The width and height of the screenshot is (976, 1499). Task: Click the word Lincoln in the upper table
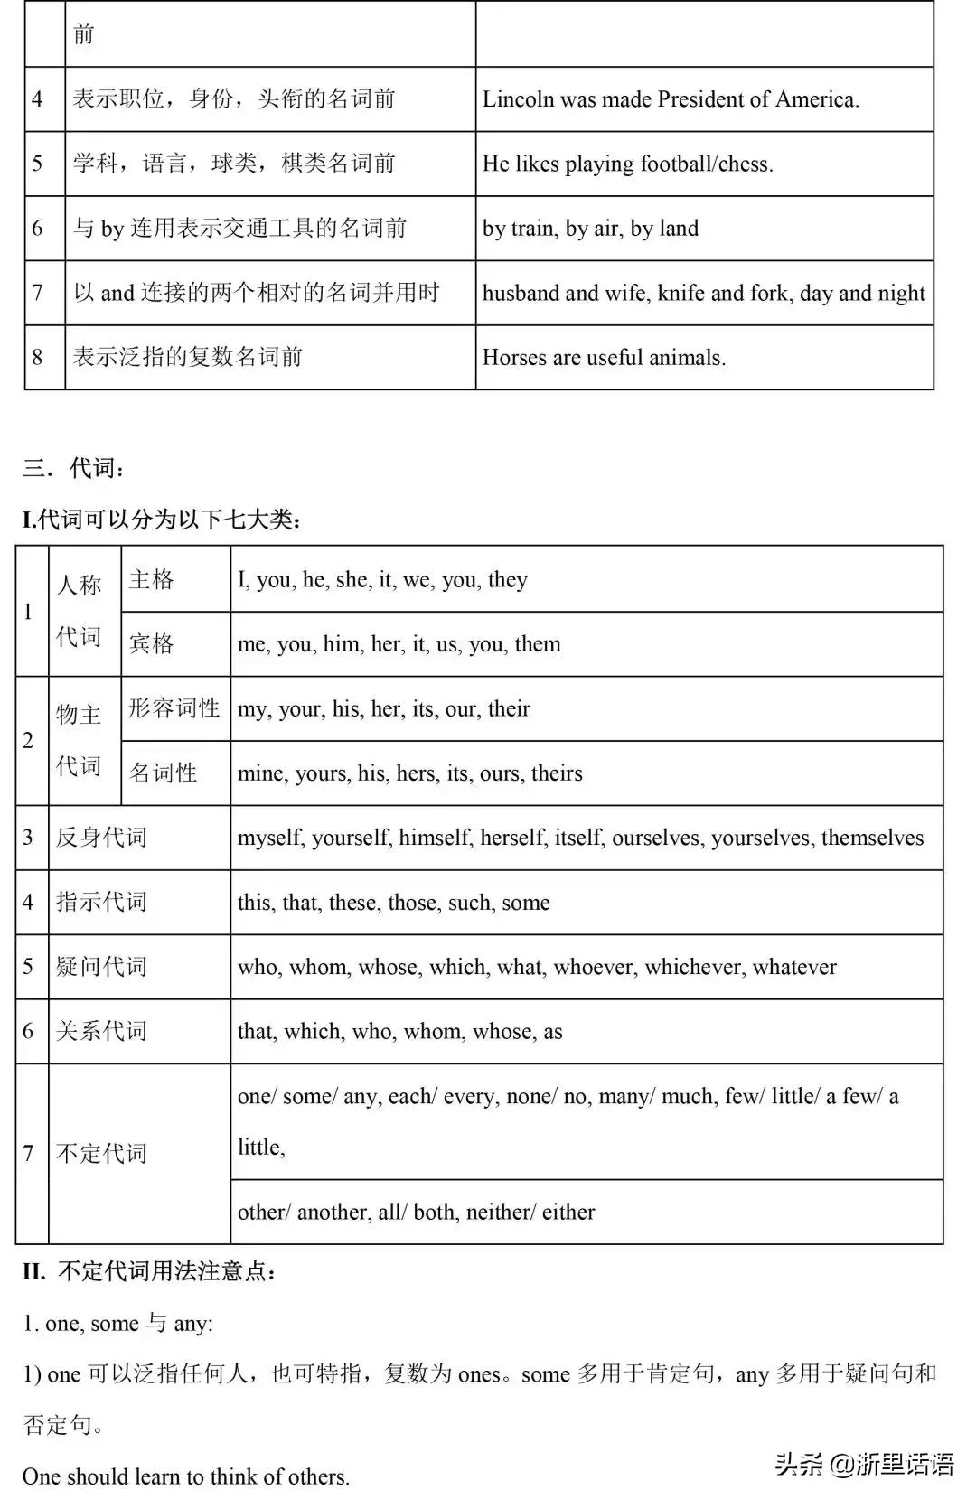pyautogui.click(x=518, y=99)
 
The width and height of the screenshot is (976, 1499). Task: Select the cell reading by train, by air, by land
pyautogui.click(x=590, y=229)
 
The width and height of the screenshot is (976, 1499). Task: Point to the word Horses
pyautogui.click(x=514, y=358)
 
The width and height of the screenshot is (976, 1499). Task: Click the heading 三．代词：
pyautogui.click(x=75, y=468)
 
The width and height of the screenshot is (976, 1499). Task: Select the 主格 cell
pyautogui.click(x=152, y=579)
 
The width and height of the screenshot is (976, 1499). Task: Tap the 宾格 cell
pyautogui.click(x=152, y=644)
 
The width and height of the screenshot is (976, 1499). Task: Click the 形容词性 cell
pyautogui.click(x=174, y=708)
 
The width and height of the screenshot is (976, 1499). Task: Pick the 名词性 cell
pyautogui.click(x=164, y=773)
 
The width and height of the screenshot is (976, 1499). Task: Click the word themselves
pyautogui.click(x=872, y=839)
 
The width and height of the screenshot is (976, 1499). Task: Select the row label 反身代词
pyautogui.click(x=101, y=838)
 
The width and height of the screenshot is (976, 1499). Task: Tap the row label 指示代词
pyautogui.click(x=101, y=903)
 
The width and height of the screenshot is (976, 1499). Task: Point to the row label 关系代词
pyautogui.click(x=101, y=1032)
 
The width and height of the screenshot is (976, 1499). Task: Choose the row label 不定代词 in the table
pyautogui.click(x=101, y=1154)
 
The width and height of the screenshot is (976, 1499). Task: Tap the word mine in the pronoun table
pyautogui.click(x=260, y=774)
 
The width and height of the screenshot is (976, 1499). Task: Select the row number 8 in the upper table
pyautogui.click(x=37, y=358)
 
